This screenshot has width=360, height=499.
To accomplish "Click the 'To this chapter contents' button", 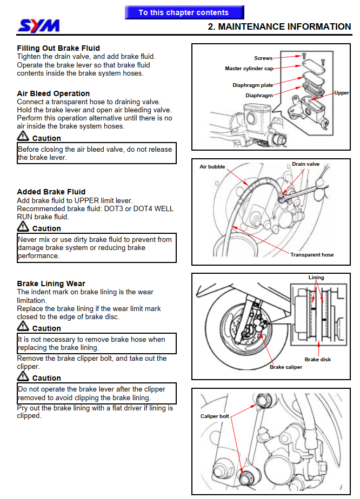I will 184,12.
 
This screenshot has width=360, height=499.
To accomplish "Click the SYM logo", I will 38,25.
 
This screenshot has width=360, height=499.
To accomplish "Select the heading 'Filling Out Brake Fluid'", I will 58,48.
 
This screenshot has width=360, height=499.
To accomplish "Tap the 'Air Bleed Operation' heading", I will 54,93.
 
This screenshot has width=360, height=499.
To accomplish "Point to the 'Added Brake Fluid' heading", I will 51,192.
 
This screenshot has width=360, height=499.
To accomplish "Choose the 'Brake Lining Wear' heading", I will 51,284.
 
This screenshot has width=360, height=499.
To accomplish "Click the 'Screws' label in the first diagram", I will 263,58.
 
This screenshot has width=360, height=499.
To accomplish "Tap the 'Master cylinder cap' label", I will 249,69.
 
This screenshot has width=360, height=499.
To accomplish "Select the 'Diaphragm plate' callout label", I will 253,85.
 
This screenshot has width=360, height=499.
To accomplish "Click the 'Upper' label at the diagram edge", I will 342,93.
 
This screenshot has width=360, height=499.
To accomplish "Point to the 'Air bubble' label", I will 212,167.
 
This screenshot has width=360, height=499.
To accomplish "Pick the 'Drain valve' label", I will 305,164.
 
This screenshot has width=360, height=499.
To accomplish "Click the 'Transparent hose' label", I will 312,255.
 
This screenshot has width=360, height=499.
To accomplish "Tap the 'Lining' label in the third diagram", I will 316,278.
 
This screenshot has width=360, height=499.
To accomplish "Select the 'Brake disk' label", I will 318,360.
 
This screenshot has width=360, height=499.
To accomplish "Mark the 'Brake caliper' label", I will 286,367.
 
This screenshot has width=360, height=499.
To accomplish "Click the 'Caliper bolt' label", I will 215,416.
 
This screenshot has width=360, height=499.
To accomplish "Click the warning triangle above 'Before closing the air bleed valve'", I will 23,137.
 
